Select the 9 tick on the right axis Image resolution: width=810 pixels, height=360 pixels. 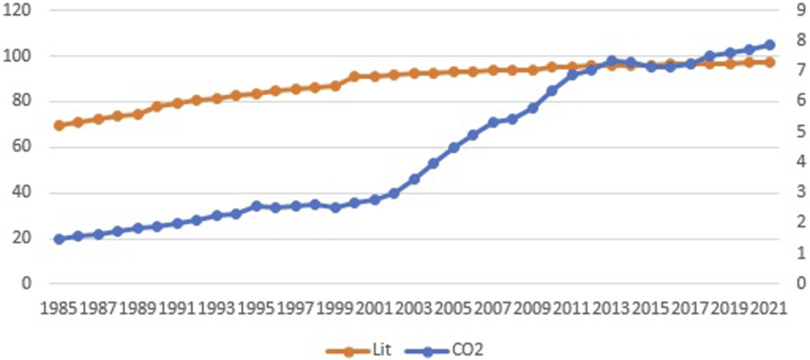[801, 10]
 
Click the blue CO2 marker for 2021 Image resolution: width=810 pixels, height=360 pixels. [769, 45]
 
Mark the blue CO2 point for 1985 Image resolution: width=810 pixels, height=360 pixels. [59, 239]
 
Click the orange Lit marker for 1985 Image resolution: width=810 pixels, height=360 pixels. [59, 125]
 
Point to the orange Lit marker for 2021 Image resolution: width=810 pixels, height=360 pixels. [769, 62]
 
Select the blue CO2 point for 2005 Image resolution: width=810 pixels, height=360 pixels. [454, 148]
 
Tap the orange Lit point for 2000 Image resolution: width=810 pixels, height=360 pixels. [355, 77]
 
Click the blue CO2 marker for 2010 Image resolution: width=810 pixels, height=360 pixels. [552, 91]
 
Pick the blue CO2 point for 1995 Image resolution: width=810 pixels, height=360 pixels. [256, 206]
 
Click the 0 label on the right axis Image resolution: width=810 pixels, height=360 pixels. [801, 283]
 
